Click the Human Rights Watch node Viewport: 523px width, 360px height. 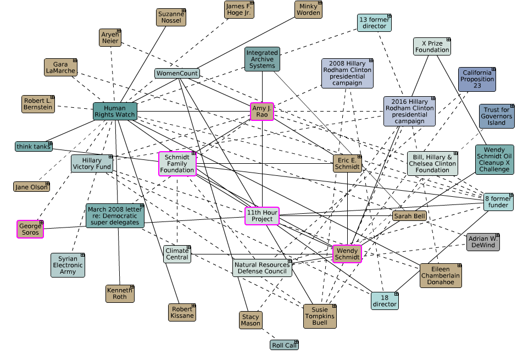click(115, 112)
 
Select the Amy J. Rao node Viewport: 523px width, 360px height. click(262, 112)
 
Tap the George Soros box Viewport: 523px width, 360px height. click(30, 229)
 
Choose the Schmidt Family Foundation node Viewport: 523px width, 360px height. click(177, 164)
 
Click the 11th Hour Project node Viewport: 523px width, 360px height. click(262, 216)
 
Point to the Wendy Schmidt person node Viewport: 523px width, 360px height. click(347, 254)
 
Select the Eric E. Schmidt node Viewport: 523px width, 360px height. click(347, 163)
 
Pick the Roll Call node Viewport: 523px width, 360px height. click(284, 345)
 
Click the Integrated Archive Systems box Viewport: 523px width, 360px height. click(262, 59)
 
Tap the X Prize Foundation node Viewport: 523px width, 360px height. click(432, 46)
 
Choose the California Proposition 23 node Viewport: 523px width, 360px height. click(477, 80)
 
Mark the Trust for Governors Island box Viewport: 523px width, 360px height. click(497, 116)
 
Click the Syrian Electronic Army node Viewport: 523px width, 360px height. click(68, 265)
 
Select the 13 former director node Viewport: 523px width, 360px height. click(375, 23)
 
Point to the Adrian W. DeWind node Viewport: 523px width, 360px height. click(483, 242)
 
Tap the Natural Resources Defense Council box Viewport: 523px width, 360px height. click(262, 268)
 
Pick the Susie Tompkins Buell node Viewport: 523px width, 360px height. click(319, 317)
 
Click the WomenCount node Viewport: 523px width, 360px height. click(177, 73)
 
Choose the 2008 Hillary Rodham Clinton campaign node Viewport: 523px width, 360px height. click(347, 73)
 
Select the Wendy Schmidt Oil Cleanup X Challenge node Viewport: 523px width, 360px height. click(494, 159)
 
